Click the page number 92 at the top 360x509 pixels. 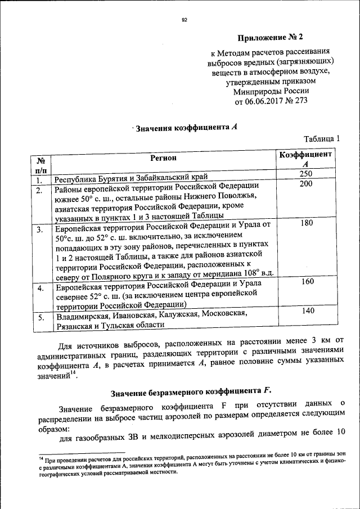183,21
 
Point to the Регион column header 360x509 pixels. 163,159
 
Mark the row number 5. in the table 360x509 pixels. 41,318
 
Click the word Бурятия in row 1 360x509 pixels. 115,180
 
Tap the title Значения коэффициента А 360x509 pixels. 186,128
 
